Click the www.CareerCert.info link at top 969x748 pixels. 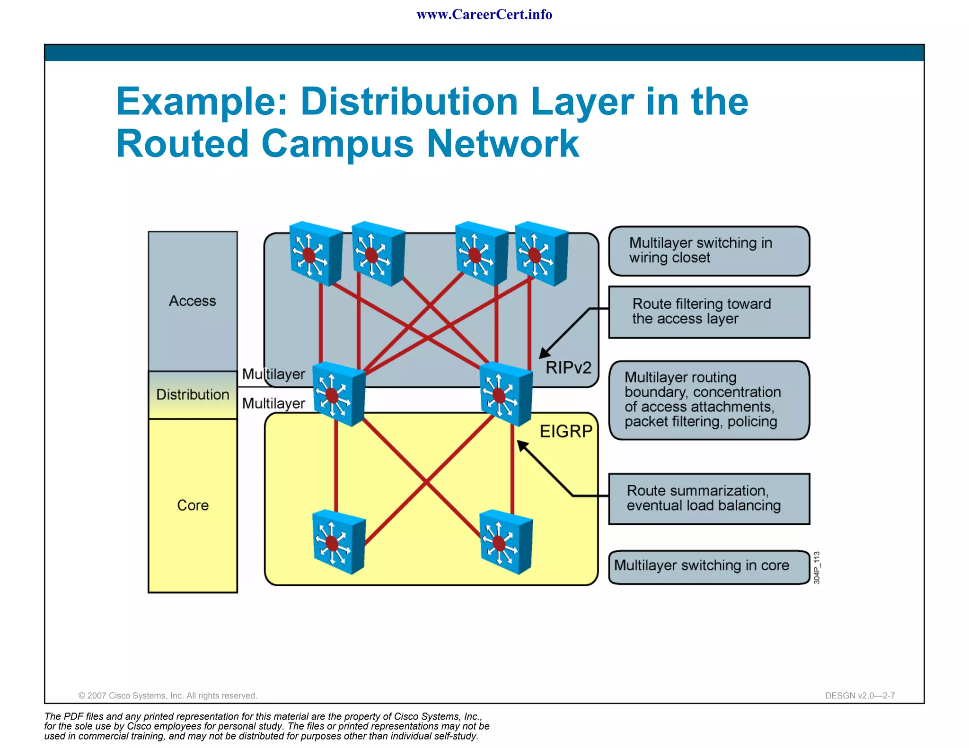(484, 15)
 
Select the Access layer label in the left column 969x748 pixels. (193, 301)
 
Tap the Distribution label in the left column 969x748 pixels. (193, 395)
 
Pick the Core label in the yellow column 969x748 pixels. (193, 505)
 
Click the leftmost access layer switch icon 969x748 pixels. (315, 254)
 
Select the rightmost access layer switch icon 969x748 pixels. (541, 254)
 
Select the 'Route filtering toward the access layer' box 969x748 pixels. (708, 312)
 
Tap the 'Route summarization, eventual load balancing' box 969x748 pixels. (708, 499)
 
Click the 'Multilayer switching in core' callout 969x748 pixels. (708, 566)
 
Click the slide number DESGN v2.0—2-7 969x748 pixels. (859, 696)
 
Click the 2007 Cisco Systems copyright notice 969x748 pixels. (167, 696)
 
